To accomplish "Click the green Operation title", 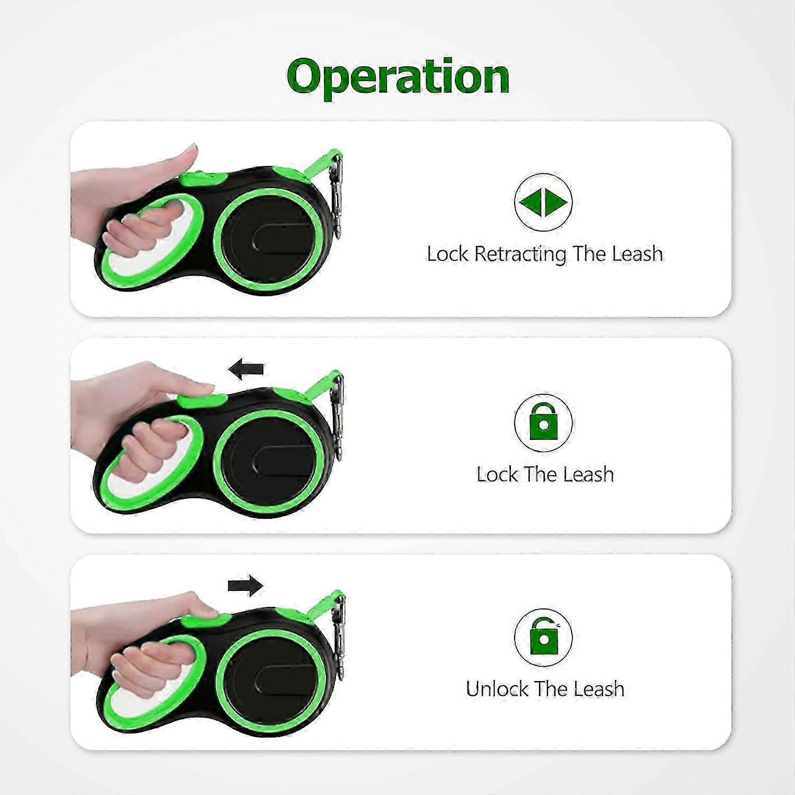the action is pos(398,77).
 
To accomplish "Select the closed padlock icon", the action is pos(543,422).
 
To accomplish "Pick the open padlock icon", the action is pos(543,637).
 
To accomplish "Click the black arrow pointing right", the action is pos(245,586).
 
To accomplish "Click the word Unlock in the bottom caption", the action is pos(497,689).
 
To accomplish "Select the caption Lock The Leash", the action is pos(545,474).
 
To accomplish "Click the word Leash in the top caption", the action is pos(637,254).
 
